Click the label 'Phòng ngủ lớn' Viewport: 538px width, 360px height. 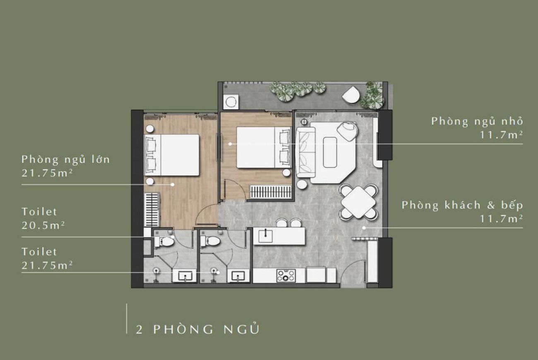[66, 159]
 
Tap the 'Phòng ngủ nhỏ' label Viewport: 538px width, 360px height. [477, 121]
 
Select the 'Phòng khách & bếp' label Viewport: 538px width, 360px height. [462, 205]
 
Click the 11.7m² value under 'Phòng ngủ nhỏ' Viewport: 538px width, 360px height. [501, 135]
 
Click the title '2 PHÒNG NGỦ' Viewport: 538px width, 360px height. [198, 329]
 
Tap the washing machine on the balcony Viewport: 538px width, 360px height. [230, 101]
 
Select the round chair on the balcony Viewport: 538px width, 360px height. [352, 95]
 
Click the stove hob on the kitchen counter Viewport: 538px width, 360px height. [286, 276]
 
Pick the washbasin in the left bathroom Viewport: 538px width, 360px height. [184, 276]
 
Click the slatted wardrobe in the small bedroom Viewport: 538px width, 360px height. [270, 193]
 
